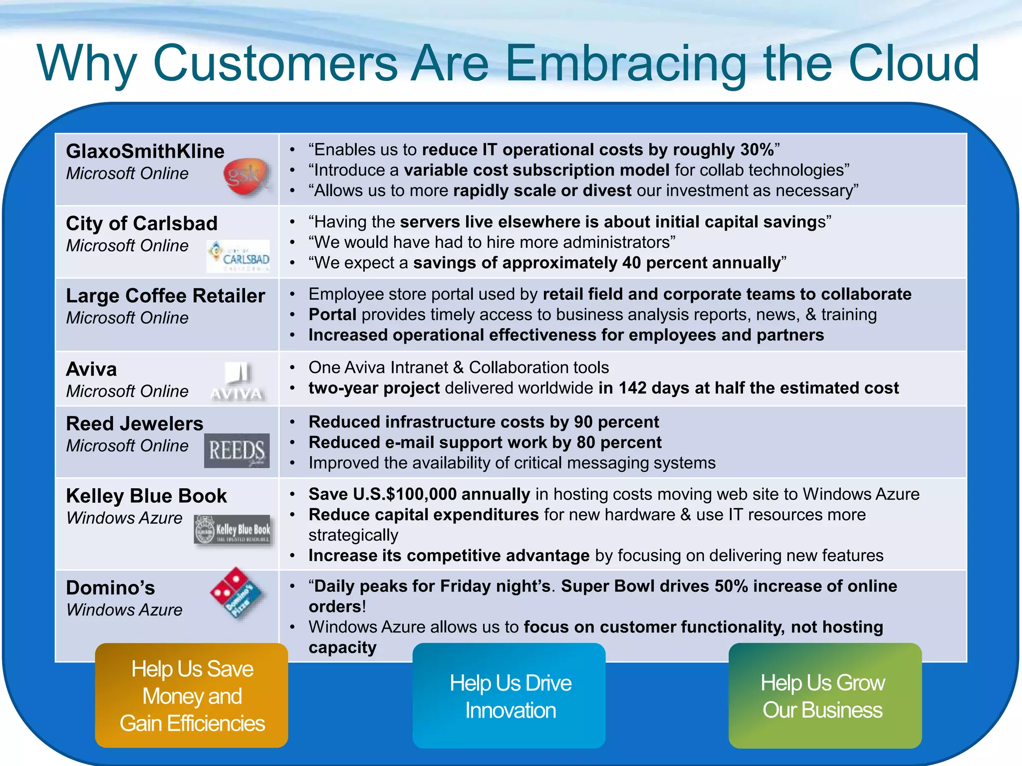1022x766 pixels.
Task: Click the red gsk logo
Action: click(246, 177)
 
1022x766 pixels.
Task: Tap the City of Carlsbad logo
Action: click(238, 256)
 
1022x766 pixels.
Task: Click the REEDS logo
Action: click(237, 450)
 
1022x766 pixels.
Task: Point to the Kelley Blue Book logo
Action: click(234, 530)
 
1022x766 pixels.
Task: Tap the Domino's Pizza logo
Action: click(237, 593)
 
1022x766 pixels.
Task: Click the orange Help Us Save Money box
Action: click(192, 695)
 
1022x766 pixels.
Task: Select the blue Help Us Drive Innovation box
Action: click(509, 696)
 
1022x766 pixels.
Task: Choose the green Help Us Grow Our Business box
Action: click(824, 696)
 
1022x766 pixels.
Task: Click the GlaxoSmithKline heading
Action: click(145, 151)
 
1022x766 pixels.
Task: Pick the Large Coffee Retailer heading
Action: click(165, 296)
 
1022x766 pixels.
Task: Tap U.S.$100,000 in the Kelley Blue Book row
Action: click(404, 494)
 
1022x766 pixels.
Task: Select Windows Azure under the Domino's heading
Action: click(124, 610)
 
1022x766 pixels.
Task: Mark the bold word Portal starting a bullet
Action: click(332, 315)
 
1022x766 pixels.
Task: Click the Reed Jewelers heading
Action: click(135, 423)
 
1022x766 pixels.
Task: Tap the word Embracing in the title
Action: click(626, 63)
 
